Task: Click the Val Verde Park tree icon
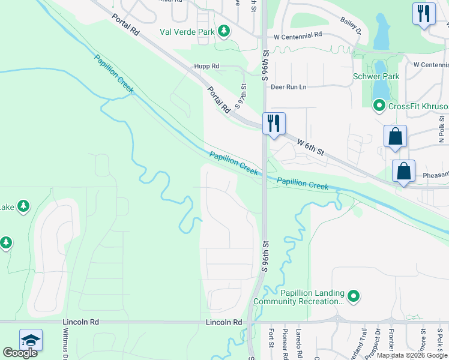click(x=224, y=31)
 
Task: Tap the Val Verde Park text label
click(x=186, y=31)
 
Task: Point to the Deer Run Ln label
click(x=288, y=87)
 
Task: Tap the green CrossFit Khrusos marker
click(x=379, y=106)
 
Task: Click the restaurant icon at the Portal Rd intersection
click(x=274, y=124)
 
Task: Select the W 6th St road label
click(x=310, y=148)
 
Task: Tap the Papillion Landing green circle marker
click(x=354, y=295)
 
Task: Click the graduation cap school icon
click(x=31, y=340)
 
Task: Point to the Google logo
click(x=20, y=353)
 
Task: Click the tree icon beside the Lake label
click(x=23, y=207)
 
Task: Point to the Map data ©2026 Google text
click(x=411, y=355)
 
